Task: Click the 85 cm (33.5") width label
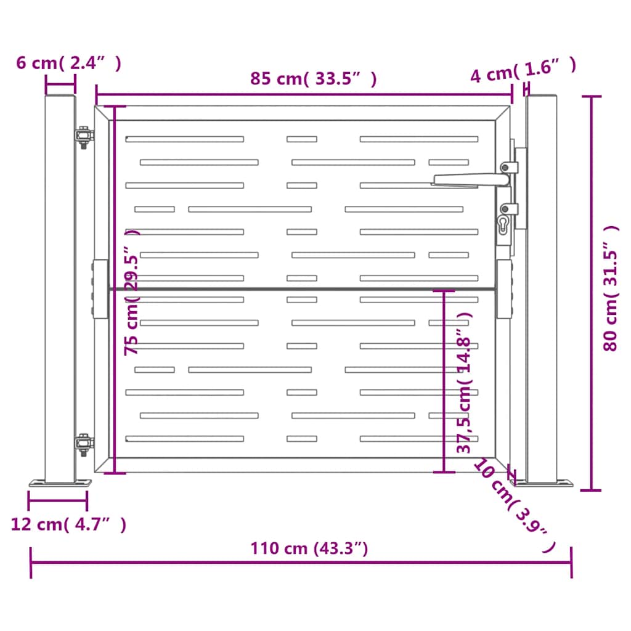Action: pyautogui.click(x=313, y=79)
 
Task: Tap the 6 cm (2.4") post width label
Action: pyautogui.click(x=68, y=63)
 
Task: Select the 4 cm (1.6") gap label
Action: pyautogui.click(x=523, y=73)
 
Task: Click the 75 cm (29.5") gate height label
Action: pyautogui.click(x=131, y=293)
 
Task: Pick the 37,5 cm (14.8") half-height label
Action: pyautogui.click(x=465, y=382)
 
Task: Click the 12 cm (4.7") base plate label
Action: pyautogui.click(x=68, y=524)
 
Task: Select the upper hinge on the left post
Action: pyautogui.click(x=83, y=136)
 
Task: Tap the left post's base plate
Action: pyautogui.click(x=59, y=483)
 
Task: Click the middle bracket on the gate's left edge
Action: pyautogui.click(x=99, y=288)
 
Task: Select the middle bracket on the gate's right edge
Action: pyautogui.click(x=504, y=288)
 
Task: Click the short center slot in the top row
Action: pyautogui.click(x=301, y=139)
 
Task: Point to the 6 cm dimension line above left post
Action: pyautogui.click(x=60, y=86)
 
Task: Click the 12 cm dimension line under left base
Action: pyautogui.click(x=58, y=500)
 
